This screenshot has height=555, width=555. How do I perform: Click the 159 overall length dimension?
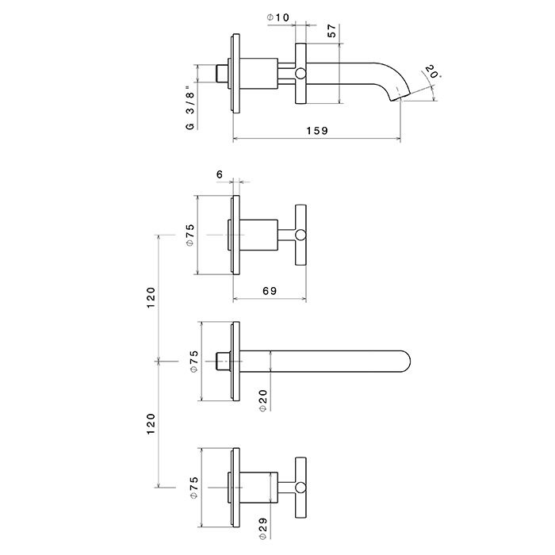pos(318,130)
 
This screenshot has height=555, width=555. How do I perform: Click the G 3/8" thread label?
pos(190,108)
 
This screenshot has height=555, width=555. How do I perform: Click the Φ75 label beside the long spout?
pos(191,362)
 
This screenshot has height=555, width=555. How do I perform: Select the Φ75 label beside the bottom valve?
pos(191,488)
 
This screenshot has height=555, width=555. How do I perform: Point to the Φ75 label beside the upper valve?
pos(191,235)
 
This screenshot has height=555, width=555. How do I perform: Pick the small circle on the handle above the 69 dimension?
pos(300,235)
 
